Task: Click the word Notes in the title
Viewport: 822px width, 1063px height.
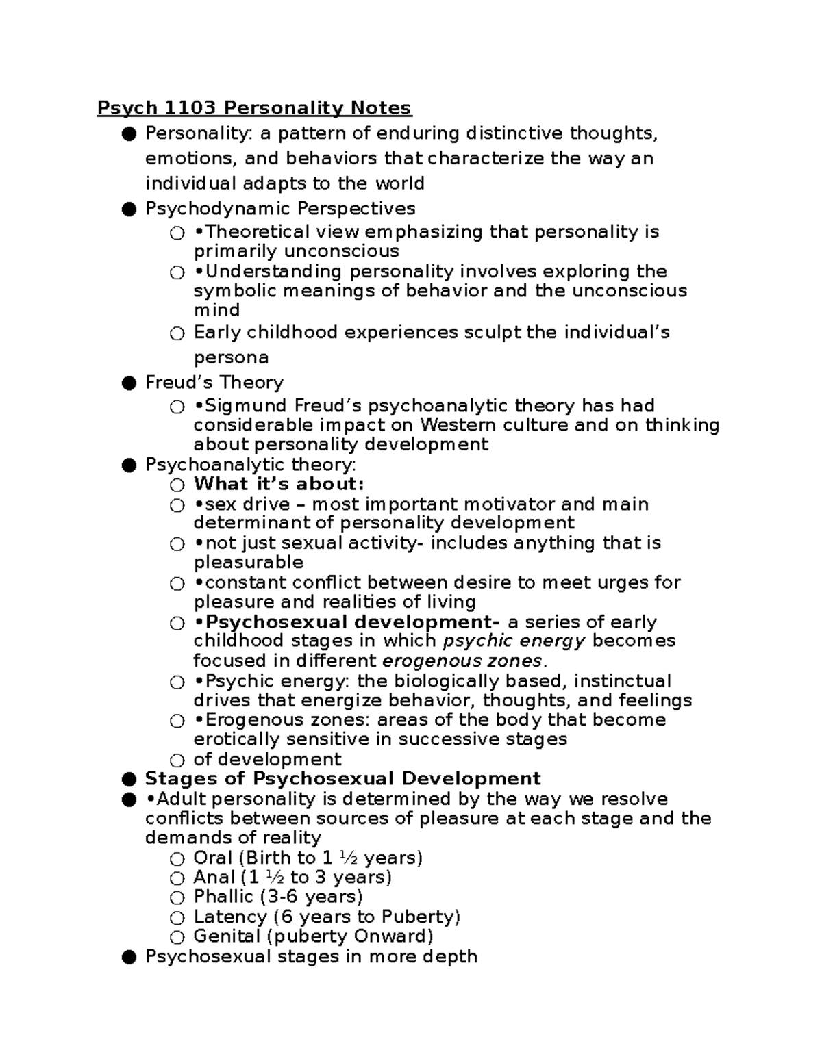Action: pos(381,107)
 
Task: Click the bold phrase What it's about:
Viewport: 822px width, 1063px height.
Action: pos(279,484)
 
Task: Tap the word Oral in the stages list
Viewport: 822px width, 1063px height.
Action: pos(213,858)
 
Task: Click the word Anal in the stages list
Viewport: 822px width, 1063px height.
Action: pos(214,877)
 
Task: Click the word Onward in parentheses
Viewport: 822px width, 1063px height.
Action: pos(396,936)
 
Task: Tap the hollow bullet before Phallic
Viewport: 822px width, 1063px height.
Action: pos(177,897)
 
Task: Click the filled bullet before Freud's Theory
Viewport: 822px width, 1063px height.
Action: pos(129,383)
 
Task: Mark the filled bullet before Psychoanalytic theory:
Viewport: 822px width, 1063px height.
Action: pos(129,465)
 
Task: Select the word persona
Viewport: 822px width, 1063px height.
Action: pos(231,358)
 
